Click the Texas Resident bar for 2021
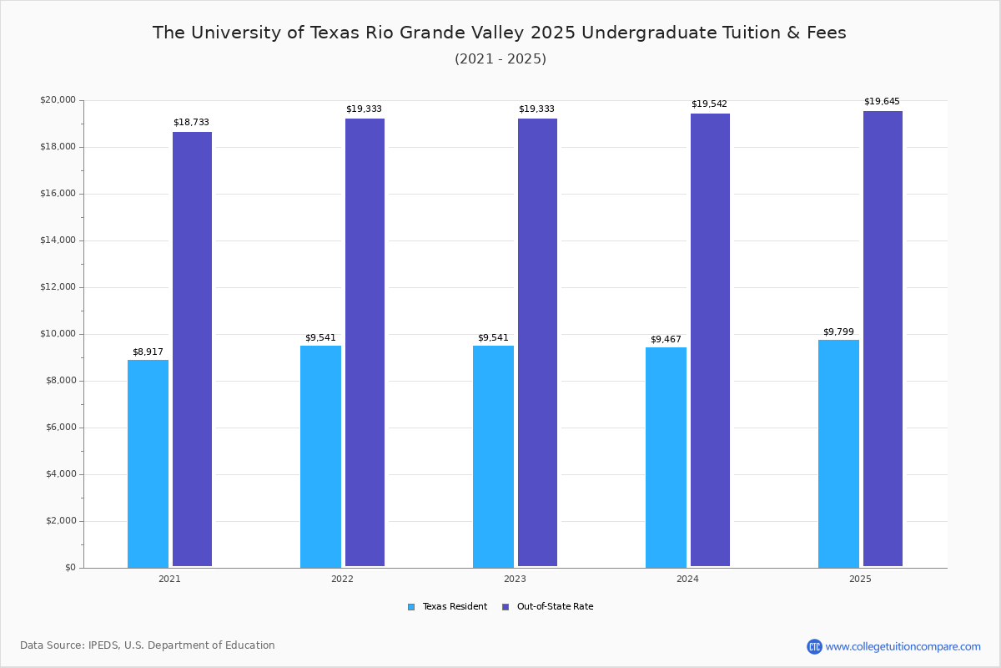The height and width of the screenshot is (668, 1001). [x=148, y=463]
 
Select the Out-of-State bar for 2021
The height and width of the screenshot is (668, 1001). [x=192, y=349]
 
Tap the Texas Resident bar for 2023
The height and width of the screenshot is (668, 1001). [x=493, y=457]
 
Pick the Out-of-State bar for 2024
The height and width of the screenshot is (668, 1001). [x=710, y=340]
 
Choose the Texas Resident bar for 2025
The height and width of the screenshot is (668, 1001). [x=838, y=453]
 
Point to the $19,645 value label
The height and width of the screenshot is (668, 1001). [x=882, y=102]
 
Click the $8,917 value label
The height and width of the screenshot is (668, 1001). [x=148, y=352]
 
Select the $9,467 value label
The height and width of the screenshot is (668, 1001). [x=666, y=340]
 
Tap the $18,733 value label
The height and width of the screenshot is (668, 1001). [x=191, y=123]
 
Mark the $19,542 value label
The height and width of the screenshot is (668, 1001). [x=709, y=104]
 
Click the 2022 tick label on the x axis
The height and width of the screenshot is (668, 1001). [x=342, y=579]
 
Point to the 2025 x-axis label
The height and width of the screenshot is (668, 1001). [x=860, y=579]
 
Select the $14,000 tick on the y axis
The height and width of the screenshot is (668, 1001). [x=58, y=240]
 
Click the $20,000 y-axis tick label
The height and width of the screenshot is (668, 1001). [x=58, y=100]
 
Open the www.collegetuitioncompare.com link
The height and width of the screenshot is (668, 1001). [x=903, y=646]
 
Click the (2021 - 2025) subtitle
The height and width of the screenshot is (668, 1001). [x=500, y=59]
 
